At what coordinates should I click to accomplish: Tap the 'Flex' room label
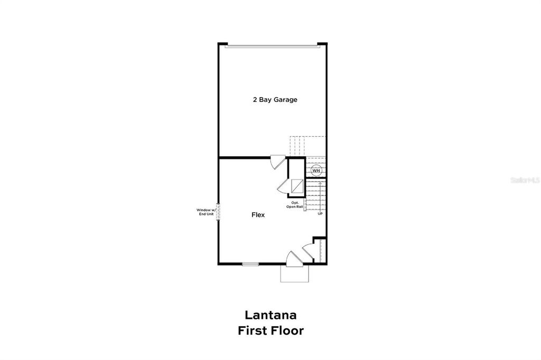(258, 215)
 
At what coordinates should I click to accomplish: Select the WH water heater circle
(316, 170)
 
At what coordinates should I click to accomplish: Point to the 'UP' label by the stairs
(320, 214)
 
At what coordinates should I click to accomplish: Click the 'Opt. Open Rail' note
(295, 205)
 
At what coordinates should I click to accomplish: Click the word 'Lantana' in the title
(270, 315)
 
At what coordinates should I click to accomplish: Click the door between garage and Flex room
(277, 162)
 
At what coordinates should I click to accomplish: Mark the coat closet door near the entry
(308, 251)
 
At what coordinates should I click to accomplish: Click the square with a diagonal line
(297, 186)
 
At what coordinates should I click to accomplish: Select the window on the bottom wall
(250, 263)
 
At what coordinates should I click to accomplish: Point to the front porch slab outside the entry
(294, 273)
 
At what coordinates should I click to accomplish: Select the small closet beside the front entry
(320, 249)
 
